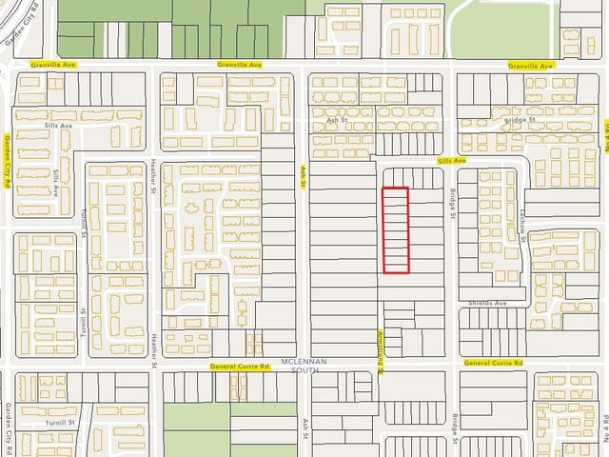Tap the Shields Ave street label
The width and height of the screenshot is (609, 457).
pos(487,303)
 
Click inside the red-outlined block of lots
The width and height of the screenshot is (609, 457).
pos(396,230)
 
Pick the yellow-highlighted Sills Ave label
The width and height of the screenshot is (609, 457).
pos(452,162)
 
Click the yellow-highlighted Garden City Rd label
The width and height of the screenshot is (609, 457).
pos(7,162)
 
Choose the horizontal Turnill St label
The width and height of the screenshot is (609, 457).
pos(59,421)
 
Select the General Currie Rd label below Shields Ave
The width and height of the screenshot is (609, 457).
pos(494,364)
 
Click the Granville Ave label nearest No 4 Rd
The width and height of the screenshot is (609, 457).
pos(530,66)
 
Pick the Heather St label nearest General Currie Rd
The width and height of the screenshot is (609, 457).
pos(153,348)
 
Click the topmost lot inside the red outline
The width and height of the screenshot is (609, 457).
pos(396,193)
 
